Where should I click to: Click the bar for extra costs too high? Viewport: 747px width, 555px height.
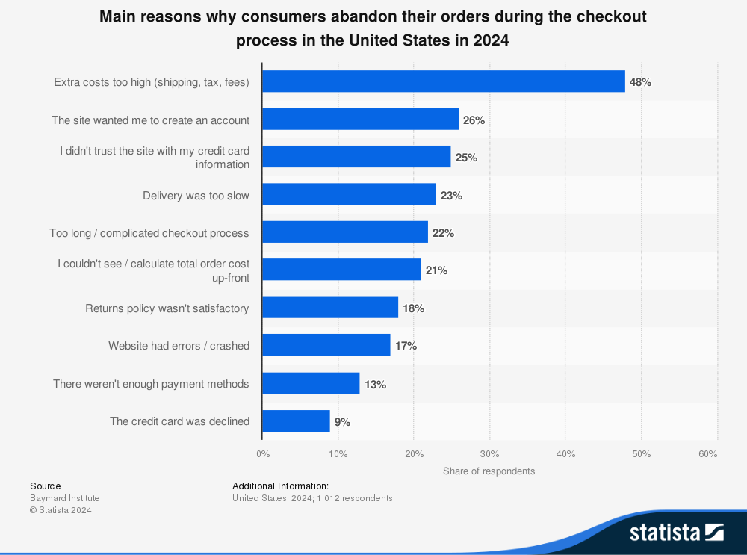click(443, 81)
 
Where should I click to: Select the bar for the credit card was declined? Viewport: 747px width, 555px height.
click(296, 421)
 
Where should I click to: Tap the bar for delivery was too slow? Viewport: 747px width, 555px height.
click(349, 195)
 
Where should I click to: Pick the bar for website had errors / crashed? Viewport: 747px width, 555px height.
click(326, 346)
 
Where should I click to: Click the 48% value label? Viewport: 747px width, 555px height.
click(640, 82)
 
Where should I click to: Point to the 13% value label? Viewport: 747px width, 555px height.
click(375, 385)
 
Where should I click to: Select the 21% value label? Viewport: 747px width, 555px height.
click(436, 270)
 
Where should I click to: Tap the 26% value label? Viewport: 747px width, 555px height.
click(474, 120)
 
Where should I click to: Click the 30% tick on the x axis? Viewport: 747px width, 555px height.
click(489, 454)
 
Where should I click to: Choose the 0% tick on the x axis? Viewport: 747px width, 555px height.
click(263, 454)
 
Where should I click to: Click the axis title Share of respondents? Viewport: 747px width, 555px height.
click(489, 471)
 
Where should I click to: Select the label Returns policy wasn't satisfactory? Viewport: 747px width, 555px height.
click(167, 308)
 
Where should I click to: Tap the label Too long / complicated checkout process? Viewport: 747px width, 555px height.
click(149, 233)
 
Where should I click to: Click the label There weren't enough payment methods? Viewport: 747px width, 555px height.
click(151, 384)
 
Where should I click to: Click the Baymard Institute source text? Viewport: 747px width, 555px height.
click(64, 498)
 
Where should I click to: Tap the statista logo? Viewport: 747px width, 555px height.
click(676, 532)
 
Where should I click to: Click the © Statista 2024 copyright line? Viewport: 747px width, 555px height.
click(61, 510)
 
